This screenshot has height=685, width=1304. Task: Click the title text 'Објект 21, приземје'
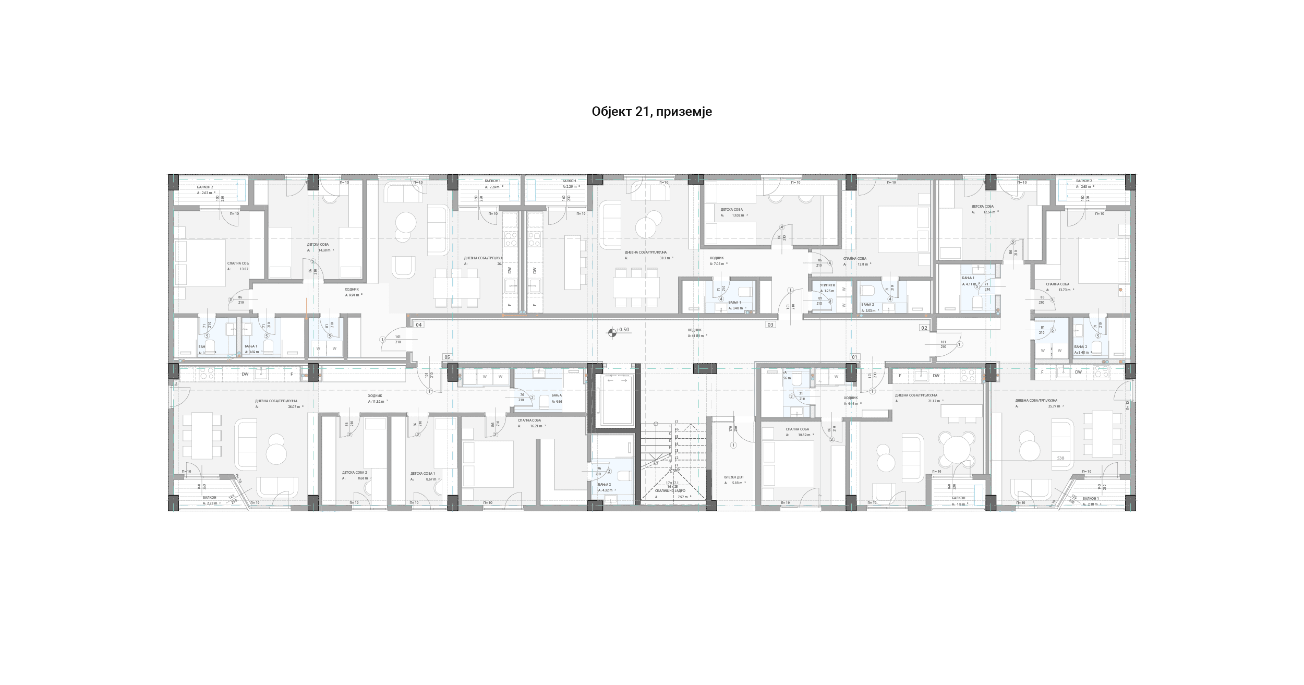[x=651, y=112]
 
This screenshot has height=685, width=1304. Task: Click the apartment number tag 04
[x=418, y=325]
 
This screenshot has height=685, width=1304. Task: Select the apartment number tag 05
[x=447, y=357]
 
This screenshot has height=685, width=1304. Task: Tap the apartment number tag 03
[x=770, y=325]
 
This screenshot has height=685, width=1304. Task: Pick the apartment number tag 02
[x=924, y=328]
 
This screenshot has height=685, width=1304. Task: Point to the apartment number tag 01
[x=854, y=357]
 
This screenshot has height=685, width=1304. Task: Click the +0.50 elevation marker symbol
[x=612, y=332]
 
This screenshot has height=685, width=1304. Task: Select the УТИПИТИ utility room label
[x=827, y=285]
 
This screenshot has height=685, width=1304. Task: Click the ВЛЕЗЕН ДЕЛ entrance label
[x=734, y=477]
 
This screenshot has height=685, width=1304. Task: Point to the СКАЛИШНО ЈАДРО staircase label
[x=670, y=491]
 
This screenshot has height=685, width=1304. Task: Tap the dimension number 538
[x=1060, y=458]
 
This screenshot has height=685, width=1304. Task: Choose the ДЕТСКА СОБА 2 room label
[x=355, y=473]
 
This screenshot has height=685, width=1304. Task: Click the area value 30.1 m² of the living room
[x=665, y=258]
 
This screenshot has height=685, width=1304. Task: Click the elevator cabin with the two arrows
[x=618, y=399]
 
